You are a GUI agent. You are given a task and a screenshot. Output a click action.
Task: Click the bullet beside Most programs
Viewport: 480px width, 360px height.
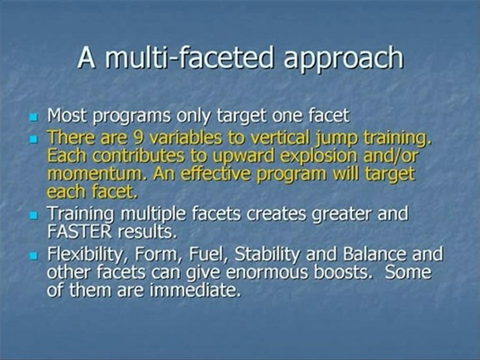pyautogui.click(x=33, y=117)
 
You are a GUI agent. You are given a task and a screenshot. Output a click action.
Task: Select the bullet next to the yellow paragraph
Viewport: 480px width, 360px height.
pyautogui.click(x=33, y=139)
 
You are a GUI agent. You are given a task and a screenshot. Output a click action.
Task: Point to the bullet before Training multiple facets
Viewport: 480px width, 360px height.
pyautogui.click(x=33, y=215)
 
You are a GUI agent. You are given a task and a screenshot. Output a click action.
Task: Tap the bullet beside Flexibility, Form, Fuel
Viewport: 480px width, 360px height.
pyautogui.click(x=33, y=255)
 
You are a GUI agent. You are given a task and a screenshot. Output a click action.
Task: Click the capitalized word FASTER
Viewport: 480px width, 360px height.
pyautogui.click(x=79, y=232)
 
